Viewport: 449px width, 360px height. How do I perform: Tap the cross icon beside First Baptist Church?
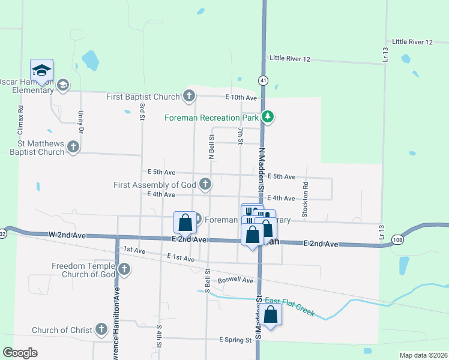188,96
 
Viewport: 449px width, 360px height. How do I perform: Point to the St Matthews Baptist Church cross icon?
73,146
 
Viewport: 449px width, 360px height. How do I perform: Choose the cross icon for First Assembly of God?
205,184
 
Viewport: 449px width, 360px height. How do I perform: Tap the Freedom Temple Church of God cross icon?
124,269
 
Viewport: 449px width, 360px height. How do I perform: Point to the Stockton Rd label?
306,190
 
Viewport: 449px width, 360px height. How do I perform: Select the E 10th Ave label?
241,98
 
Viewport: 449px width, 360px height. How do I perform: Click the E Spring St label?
235,340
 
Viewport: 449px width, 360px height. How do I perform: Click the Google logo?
20,353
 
